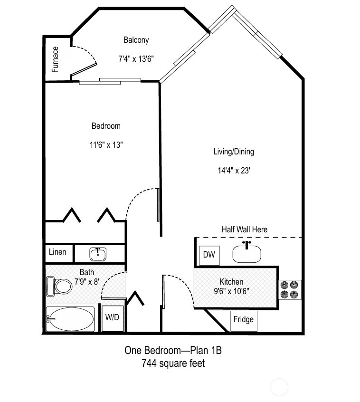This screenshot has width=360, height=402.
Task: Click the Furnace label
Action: click(x=56, y=59)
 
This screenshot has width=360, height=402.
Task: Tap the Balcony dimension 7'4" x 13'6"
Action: click(x=136, y=59)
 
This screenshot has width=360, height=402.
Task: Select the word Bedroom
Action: click(x=106, y=126)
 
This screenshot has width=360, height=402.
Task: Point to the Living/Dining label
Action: click(x=233, y=152)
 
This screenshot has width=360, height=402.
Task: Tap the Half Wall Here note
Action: click(x=244, y=230)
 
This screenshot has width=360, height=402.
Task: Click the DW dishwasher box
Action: click(x=209, y=255)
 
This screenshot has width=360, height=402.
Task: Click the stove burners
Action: click(x=289, y=289)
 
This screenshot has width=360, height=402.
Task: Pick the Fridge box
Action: click(x=243, y=319)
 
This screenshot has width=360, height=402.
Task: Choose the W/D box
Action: click(x=113, y=317)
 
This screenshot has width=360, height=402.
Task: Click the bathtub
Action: click(x=70, y=319)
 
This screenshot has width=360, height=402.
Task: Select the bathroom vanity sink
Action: click(x=98, y=254)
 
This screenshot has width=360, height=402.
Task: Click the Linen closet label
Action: click(x=58, y=252)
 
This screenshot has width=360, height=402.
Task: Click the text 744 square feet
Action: click(x=173, y=364)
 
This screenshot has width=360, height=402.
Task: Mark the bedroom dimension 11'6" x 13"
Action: click(x=106, y=145)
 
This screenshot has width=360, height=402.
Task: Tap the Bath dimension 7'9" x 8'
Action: click(x=86, y=281)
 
